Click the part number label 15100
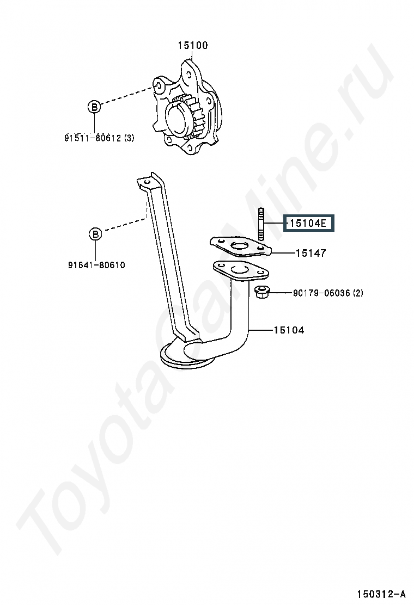(x=192, y=45)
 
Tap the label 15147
(x=311, y=253)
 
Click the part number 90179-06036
(x=321, y=293)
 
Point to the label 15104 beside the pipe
(x=289, y=330)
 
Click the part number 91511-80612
(x=93, y=138)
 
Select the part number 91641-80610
(x=96, y=265)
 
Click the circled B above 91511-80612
(x=94, y=107)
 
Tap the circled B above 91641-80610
(x=95, y=234)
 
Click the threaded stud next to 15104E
(x=261, y=225)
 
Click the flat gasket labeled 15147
(x=241, y=247)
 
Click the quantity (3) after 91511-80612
(x=129, y=138)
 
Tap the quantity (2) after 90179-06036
(x=358, y=293)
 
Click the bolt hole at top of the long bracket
(x=145, y=181)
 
